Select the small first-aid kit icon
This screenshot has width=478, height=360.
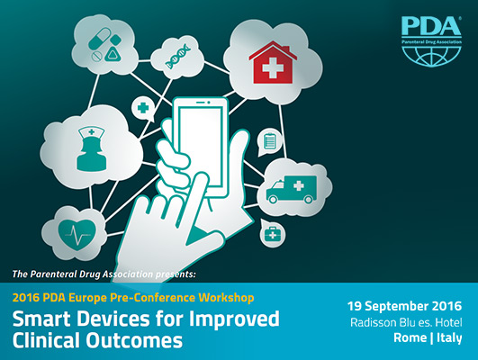pyautogui.click(x=269, y=235)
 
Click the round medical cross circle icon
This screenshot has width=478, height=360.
pyautogui.click(x=142, y=109)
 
